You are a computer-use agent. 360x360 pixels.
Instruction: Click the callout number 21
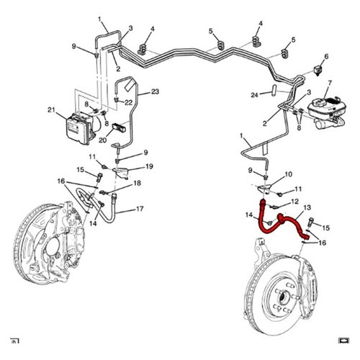[x=51, y=110]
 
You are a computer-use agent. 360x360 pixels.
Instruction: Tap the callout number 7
[x=330, y=83]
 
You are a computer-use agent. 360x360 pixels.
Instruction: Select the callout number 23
[x=156, y=91]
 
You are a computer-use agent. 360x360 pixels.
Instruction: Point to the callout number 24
[x=254, y=95]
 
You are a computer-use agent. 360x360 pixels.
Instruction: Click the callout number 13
[x=307, y=207]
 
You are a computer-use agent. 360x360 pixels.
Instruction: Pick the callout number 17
[x=140, y=209]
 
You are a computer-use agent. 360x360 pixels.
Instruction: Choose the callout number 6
[x=326, y=56]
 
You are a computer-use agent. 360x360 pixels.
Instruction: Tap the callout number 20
[x=102, y=140]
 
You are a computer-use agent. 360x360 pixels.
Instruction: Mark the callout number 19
[x=149, y=166]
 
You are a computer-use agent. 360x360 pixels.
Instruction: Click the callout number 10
[x=289, y=174]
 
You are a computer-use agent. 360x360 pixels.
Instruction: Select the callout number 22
[x=129, y=102]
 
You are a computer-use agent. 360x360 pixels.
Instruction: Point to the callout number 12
[x=295, y=201]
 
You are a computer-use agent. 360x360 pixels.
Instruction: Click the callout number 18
[x=137, y=183]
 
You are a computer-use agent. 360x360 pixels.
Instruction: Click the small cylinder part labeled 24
[x=274, y=89]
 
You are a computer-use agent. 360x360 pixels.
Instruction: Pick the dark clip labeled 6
[x=318, y=71]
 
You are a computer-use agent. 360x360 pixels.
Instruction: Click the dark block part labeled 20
[x=119, y=127]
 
